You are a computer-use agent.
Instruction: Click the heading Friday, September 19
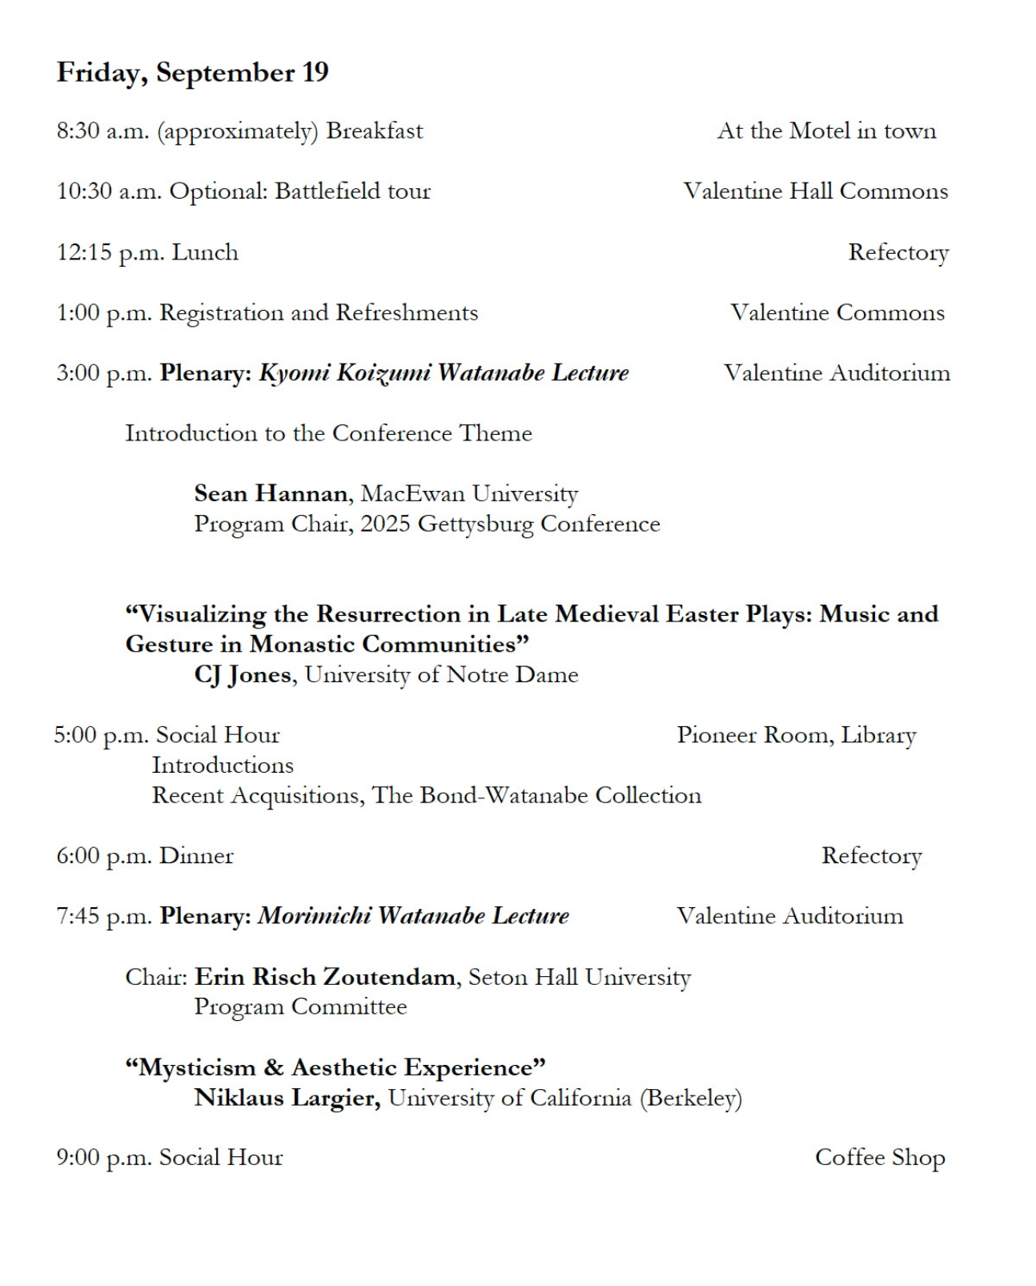click(192, 73)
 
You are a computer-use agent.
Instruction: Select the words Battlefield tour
click(352, 191)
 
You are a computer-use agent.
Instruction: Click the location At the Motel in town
click(826, 131)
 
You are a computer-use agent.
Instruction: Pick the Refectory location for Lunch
click(898, 253)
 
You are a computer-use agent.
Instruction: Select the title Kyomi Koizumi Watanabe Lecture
click(444, 373)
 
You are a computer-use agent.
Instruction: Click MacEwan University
click(469, 493)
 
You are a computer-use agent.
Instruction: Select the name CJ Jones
click(243, 675)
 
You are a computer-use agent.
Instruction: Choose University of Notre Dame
click(441, 675)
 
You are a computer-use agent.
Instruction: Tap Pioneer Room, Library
click(796, 735)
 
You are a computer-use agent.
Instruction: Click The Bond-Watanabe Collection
click(536, 796)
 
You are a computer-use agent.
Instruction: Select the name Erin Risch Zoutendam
click(325, 977)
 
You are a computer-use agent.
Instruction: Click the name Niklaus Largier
click(287, 1098)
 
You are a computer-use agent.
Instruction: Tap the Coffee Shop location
click(879, 1158)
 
